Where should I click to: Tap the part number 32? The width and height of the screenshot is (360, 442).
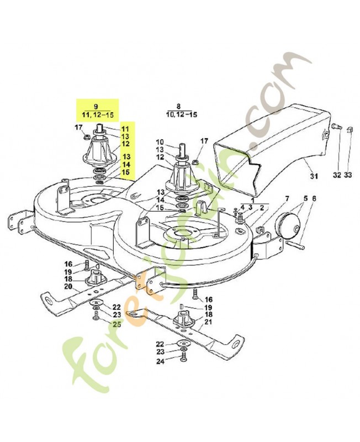point(336,175)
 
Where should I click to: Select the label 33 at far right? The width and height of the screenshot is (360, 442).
point(348,175)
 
